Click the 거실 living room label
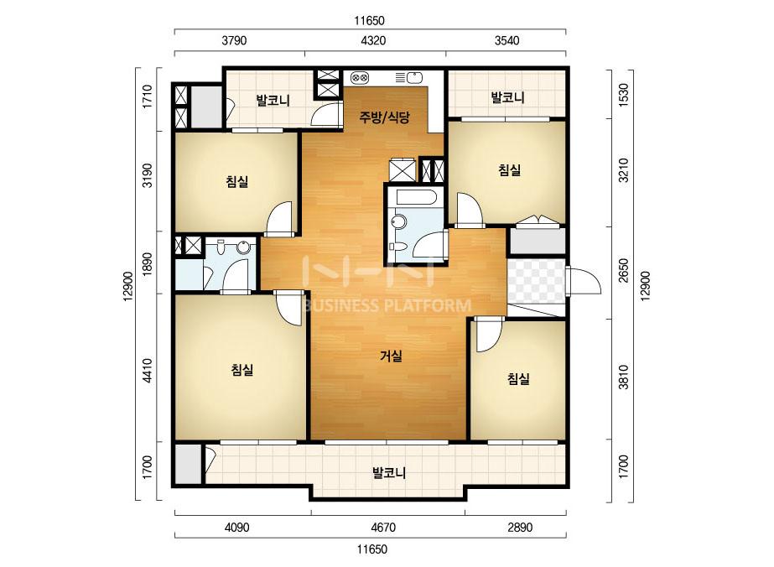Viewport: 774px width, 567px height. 391,356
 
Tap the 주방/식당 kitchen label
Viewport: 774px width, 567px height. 385,117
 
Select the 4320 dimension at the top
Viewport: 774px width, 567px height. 373,40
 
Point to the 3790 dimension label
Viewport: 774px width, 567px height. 234,40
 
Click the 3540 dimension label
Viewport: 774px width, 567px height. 507,40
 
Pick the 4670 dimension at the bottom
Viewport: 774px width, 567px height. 383,528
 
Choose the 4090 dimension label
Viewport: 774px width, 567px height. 237,528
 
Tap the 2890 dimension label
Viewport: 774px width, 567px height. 520,528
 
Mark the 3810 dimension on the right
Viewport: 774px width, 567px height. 624,377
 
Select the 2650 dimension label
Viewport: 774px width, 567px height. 624,271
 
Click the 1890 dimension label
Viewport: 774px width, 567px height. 147,263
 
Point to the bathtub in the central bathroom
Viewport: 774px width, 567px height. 416,197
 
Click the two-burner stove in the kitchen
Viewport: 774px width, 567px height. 360,77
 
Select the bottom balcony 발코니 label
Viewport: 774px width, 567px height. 389,473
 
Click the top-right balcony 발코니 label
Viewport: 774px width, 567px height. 508,97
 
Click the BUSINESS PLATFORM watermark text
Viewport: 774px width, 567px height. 387,305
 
